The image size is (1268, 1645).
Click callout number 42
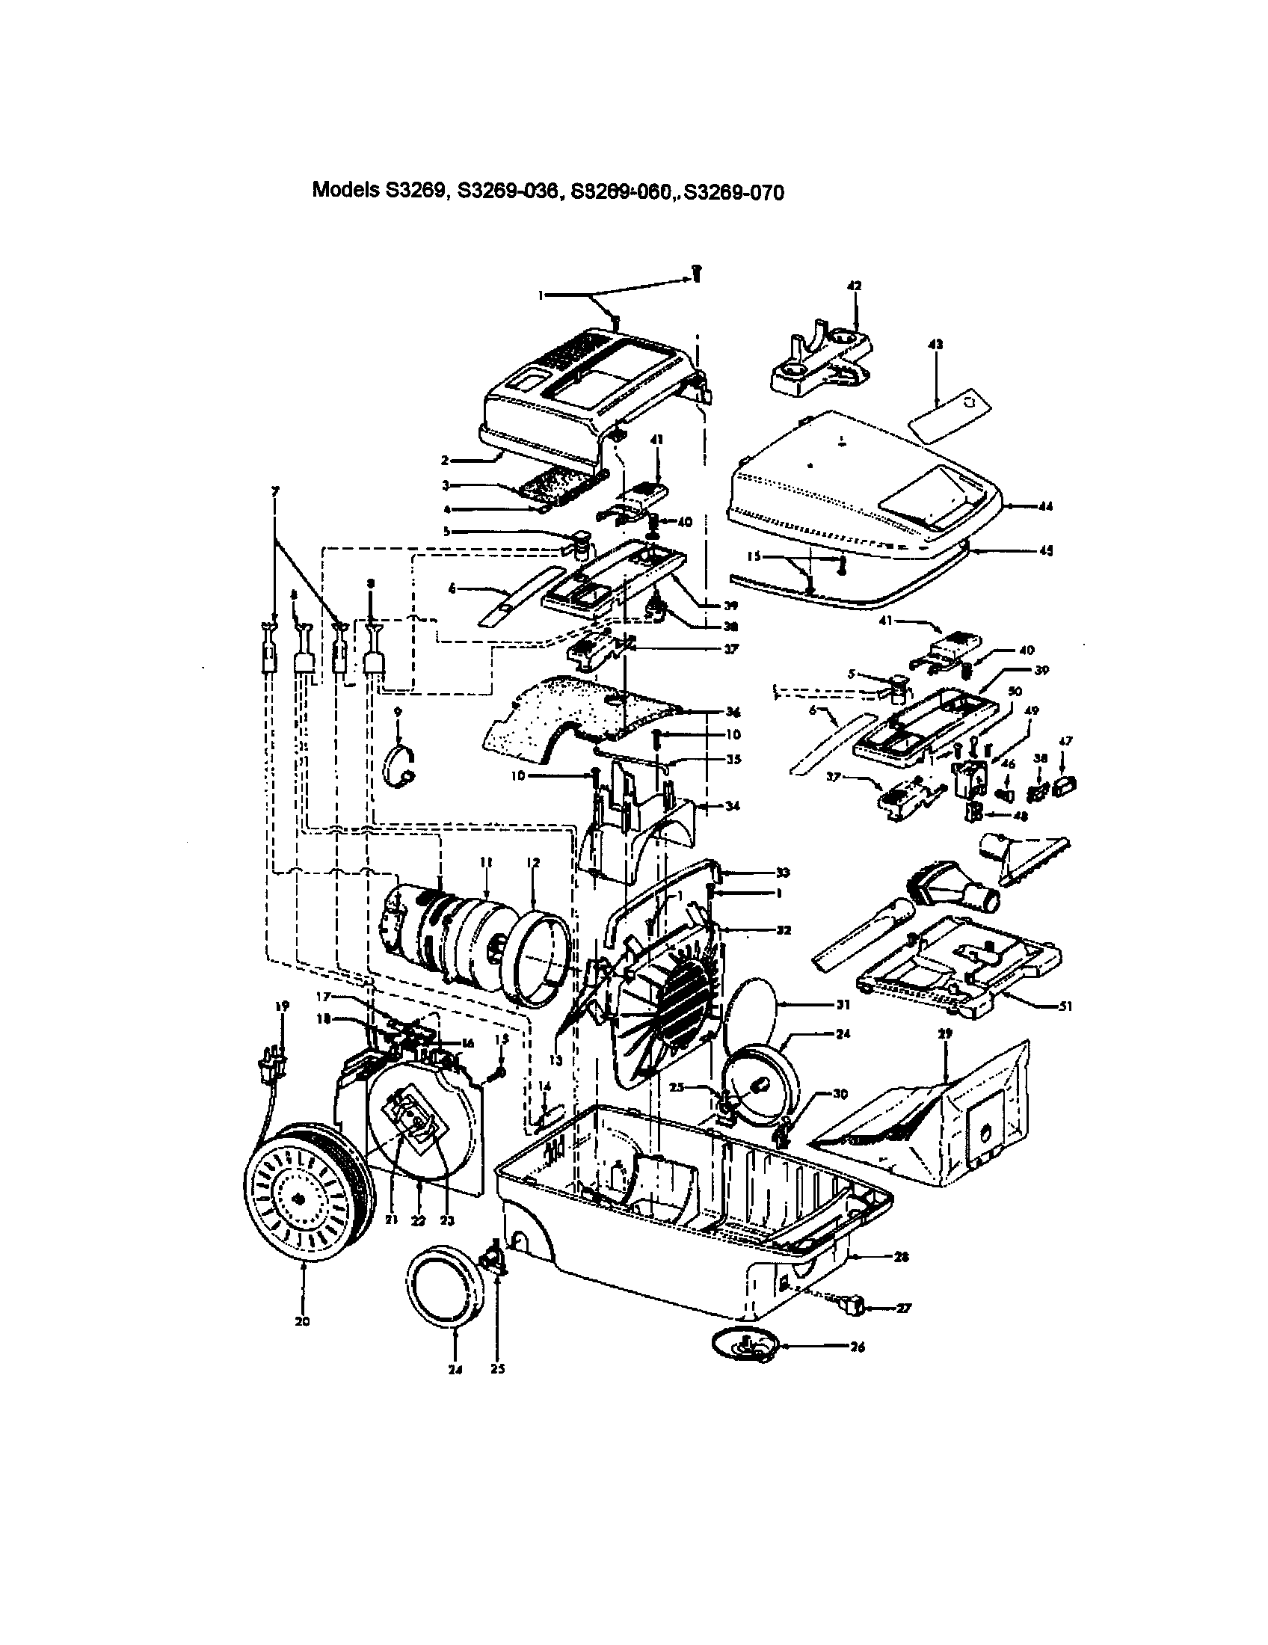(854, 286)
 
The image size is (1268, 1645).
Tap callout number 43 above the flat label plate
(936, 344)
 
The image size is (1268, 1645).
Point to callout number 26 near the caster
(856, 1347)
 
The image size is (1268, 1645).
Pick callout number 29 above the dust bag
(946, 1034)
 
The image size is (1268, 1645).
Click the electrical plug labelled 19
(272, 1068)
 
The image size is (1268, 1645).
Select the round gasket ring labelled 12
(536, 956)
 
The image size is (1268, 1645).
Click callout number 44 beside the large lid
(1044, 507)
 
